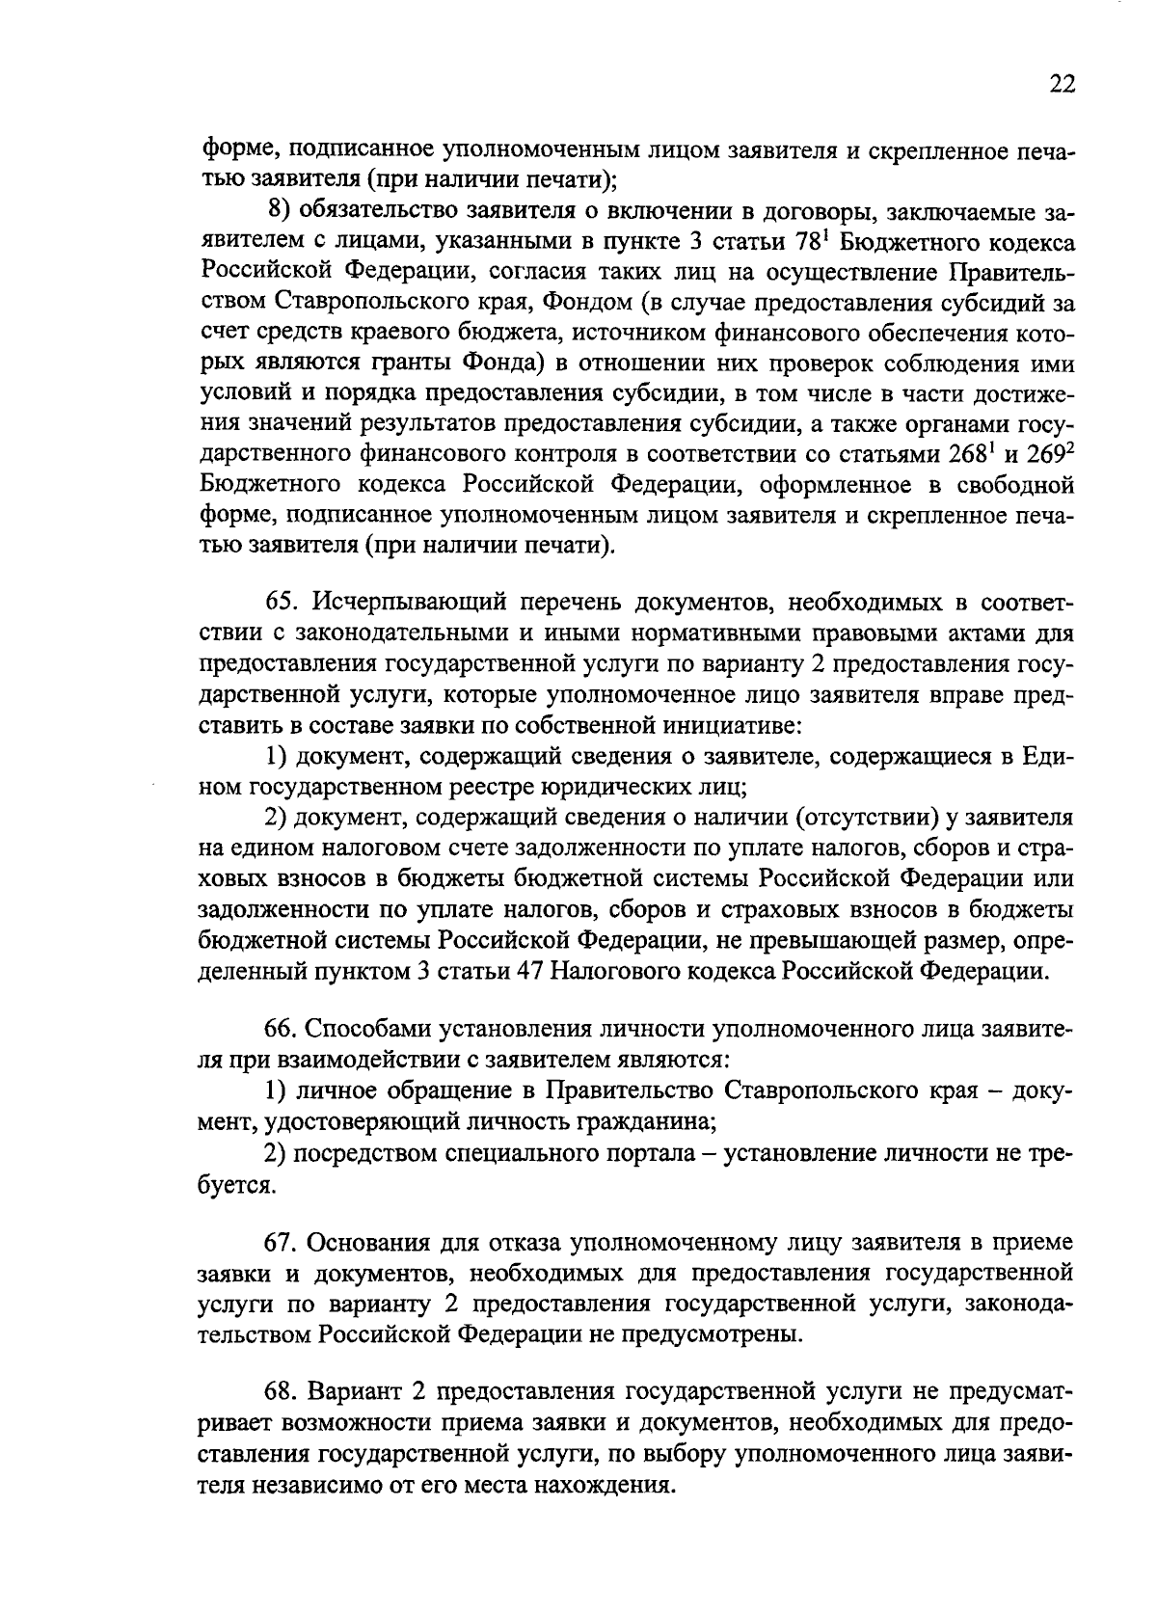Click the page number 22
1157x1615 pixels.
pos(1061,85)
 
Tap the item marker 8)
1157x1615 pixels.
pos(280,212)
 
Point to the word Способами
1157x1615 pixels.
pos(370,1031)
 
